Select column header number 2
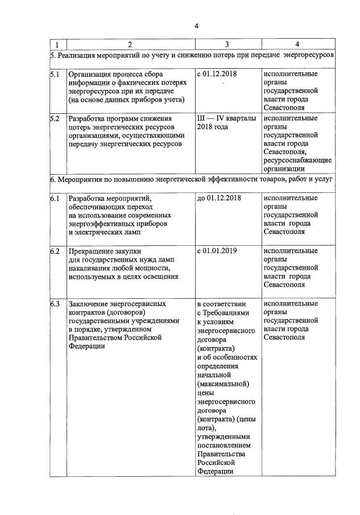129,44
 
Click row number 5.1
55,74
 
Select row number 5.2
55,119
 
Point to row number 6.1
55,198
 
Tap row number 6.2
55,251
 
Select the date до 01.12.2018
221,198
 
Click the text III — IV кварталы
226,119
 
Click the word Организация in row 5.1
90,74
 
